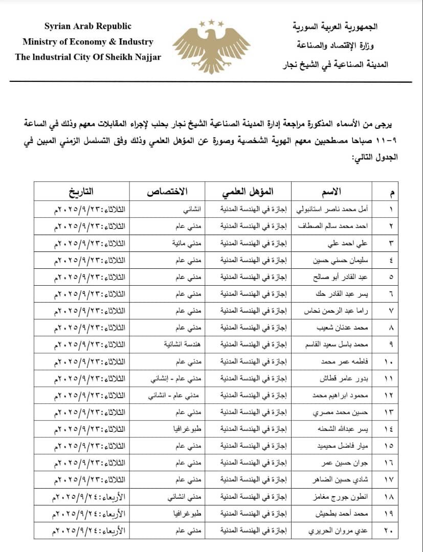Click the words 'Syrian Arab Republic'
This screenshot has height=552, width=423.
tap(87, 27)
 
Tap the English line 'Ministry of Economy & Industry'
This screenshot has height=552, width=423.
tap(87, 42)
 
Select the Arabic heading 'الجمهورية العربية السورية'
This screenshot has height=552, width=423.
tap(341, 27)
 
